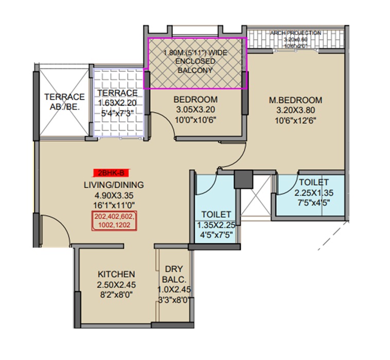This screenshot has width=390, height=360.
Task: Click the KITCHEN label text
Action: [x=116, y=274]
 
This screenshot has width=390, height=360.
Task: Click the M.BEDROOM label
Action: [x=297, y=100]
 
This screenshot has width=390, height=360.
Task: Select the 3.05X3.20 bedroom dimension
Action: [x=196, y=109]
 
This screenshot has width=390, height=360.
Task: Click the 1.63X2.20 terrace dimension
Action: [x=118, y=103]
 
